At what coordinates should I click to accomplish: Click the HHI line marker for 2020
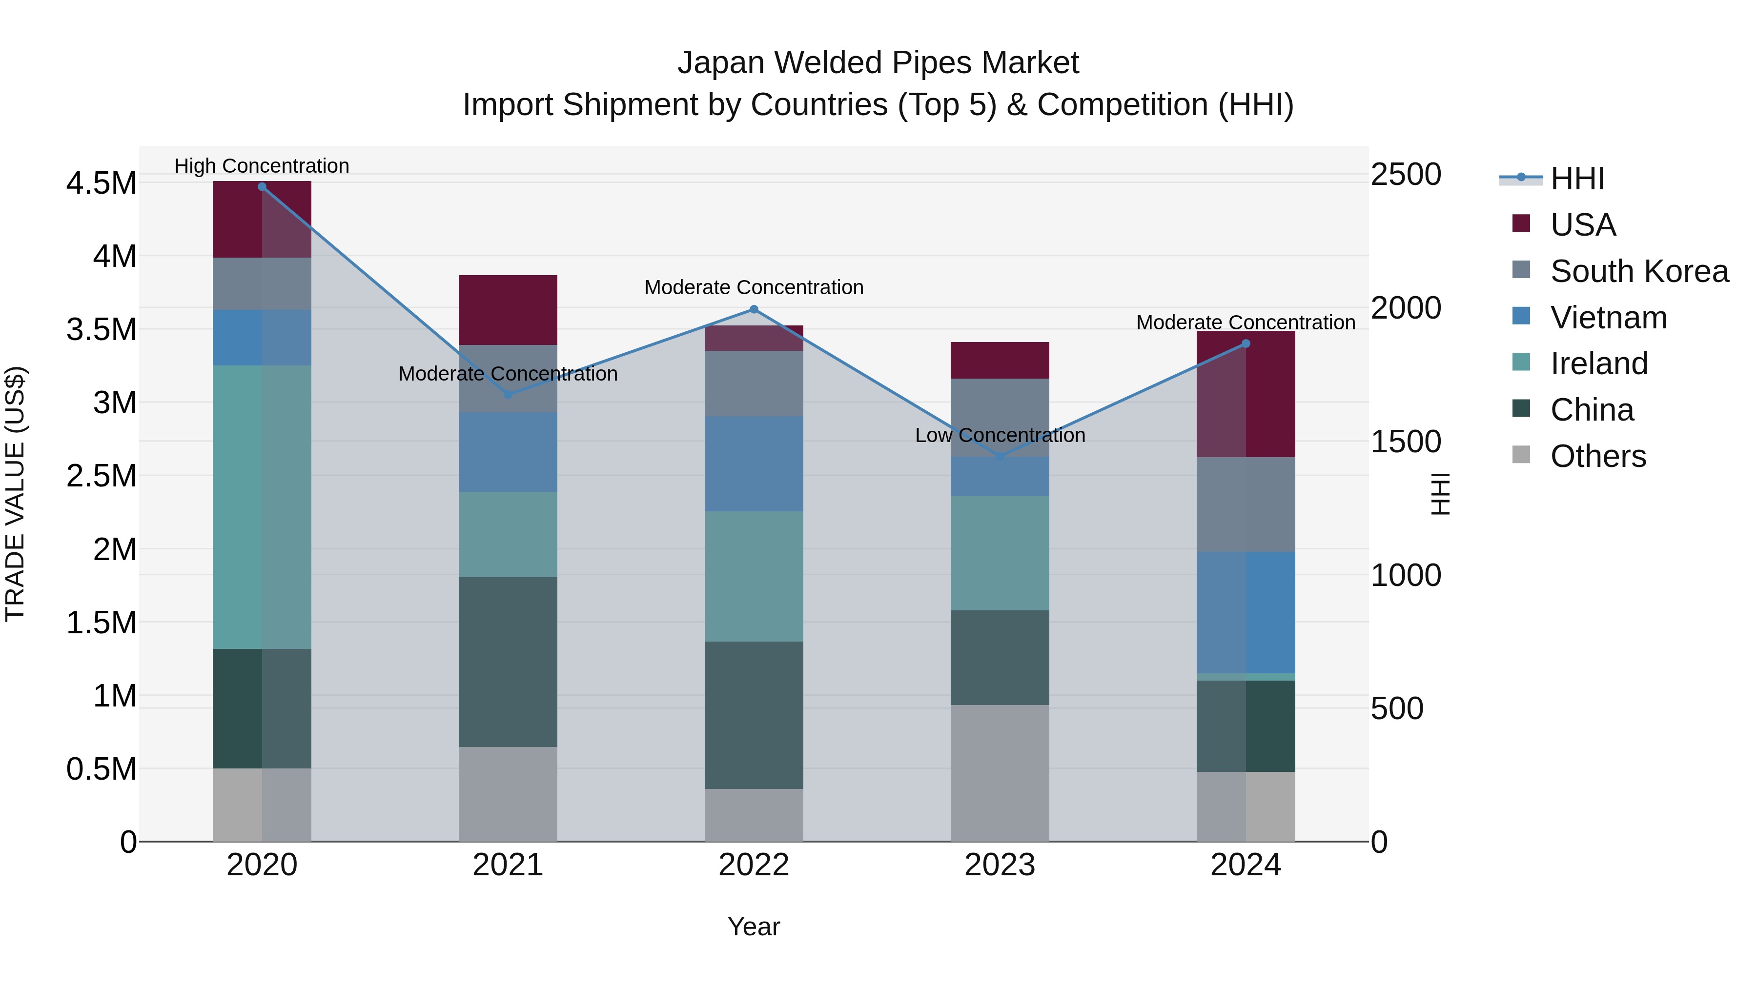pos(262,187)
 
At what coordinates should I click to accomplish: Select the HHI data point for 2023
pos(1000,456)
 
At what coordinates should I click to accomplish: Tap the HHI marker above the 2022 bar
pos(754,309)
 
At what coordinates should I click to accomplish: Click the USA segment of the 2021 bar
pos(508,310)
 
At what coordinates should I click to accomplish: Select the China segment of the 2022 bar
pos(754,715)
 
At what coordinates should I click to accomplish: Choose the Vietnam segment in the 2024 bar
pos(1246,612)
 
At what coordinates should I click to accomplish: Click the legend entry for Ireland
pos(1598,363)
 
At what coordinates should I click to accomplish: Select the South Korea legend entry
pos(1639,271)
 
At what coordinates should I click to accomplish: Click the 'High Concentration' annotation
pos(262,166)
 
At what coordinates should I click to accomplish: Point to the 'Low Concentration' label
pos(1000,435)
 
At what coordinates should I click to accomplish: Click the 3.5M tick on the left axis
pos(101,329)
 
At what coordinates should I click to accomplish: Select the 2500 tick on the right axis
pos(1406,175)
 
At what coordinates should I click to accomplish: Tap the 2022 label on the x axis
pos(754,865)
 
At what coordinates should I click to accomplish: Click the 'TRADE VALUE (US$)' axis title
pos(15,494)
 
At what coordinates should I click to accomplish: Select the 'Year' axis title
pos(754,927)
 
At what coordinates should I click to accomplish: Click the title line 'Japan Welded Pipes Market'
pos(878,63)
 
